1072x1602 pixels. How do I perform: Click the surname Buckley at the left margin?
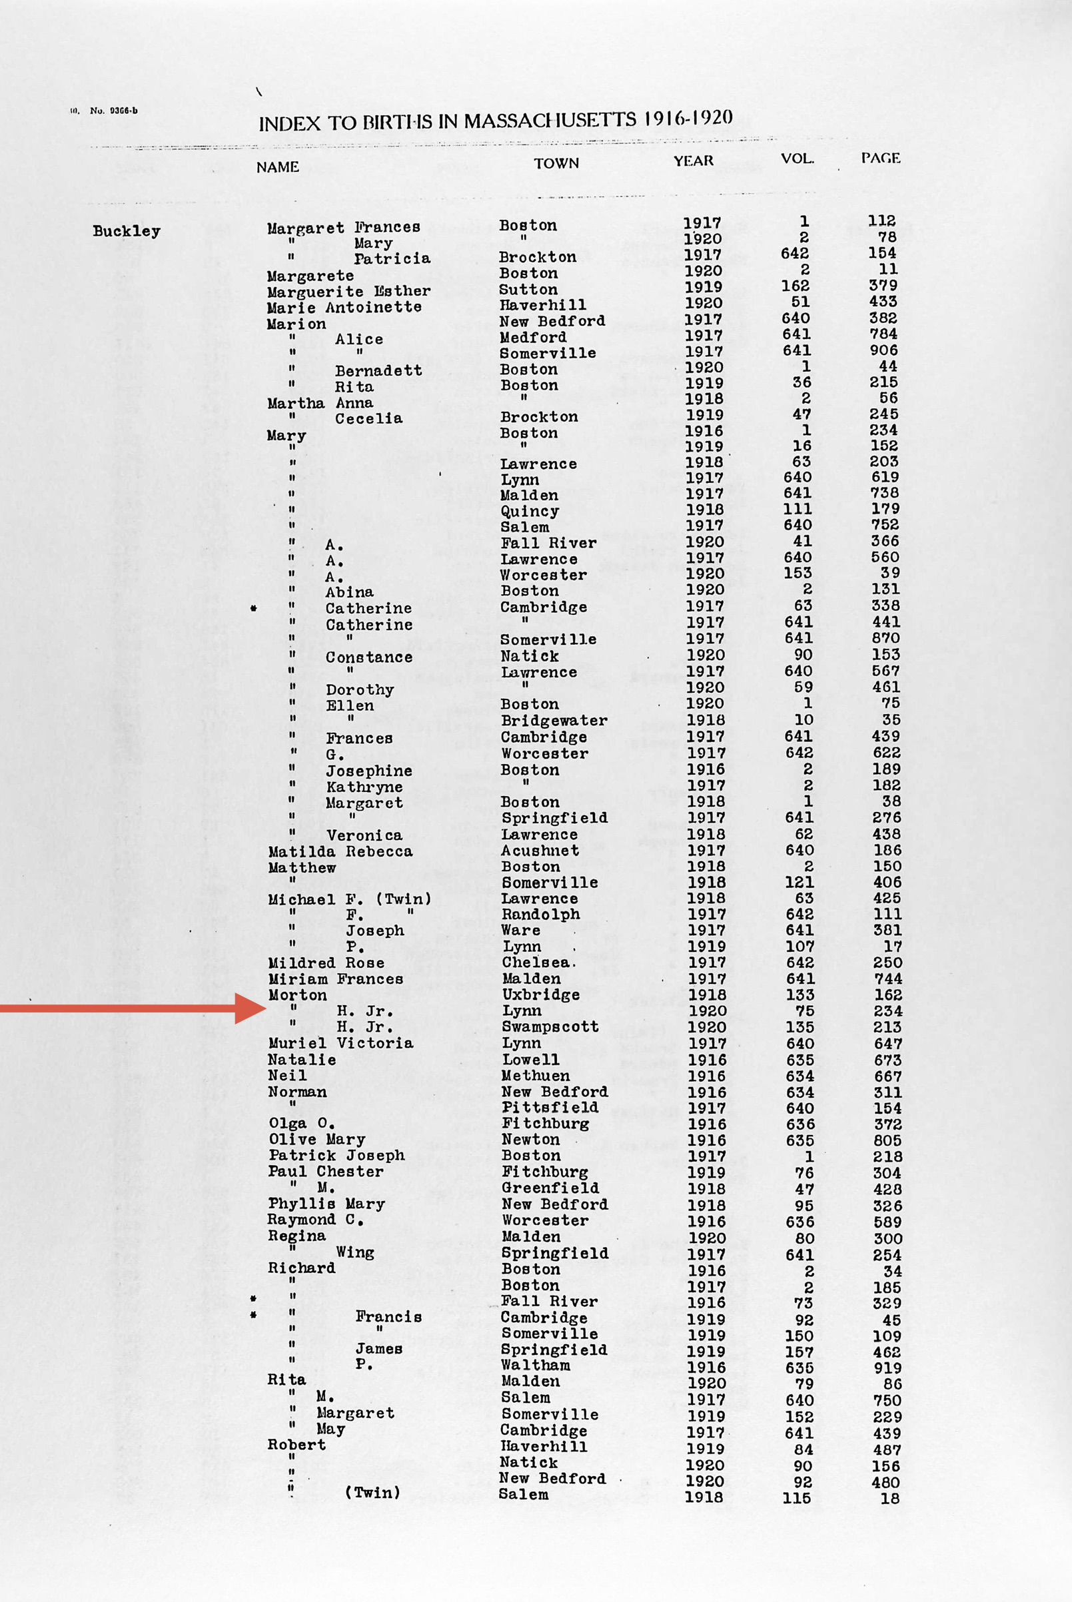pos(127,231)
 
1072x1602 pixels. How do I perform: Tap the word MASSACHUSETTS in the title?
pos(551,122)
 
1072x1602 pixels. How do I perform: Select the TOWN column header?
pos(556,163)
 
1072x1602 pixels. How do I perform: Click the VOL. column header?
pos(797,159)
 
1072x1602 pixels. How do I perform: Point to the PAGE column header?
pos(880,159)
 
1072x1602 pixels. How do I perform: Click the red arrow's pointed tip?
pos(265,1008)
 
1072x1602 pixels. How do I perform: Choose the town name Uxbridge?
pos(540,995)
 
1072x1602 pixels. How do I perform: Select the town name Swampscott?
pos(550,1027)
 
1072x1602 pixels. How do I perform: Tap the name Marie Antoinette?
pos(344,308)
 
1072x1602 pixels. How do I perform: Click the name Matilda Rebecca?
pos(340,851)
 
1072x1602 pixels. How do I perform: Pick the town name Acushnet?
pos(540,851)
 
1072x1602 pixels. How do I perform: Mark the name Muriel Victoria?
pos(340,1044)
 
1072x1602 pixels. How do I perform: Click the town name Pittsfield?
pos(550,1107)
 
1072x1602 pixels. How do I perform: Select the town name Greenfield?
pos(550,1188)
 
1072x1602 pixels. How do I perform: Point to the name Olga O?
pos(302,1124)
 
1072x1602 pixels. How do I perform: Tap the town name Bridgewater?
pos(554,721)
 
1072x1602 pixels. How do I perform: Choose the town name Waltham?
pos(535,1366)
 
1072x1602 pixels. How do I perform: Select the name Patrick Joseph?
pos(336,1156)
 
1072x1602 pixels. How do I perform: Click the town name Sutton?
pos(528,290)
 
